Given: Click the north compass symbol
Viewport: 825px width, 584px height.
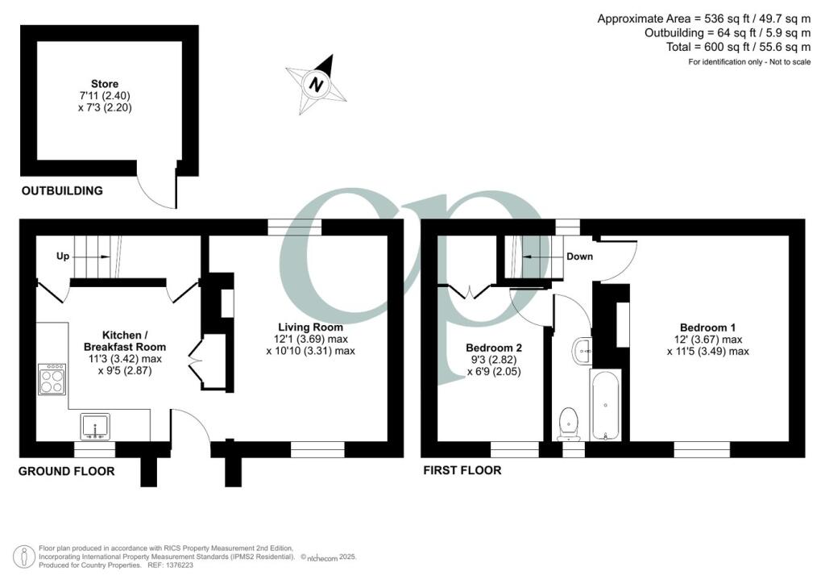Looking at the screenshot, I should pyautogui.click(x=317, y=82).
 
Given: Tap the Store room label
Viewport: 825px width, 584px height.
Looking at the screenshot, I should pyautogui.click(x=105, y=84).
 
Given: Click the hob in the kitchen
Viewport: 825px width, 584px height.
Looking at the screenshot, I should pyautogui.click(x=52, y=379).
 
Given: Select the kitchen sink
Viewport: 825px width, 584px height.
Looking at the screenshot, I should pyautogui.click(x=97, y=426).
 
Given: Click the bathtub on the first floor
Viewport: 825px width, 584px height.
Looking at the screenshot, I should pyautogui.click(x=605, y=406).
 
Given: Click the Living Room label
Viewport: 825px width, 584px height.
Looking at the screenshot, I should pyautogui.click(x=310, y=327).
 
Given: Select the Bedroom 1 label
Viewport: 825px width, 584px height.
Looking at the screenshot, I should pyautogui.click(x=707, y=327).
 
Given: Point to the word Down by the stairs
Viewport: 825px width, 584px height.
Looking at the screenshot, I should pyautogui.click(x=579, y=257).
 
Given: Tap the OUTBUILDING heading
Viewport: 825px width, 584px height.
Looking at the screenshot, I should pyautogui.click(x=62, y=191).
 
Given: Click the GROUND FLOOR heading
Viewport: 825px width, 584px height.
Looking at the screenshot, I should pyautogui.click(x=67, y=471).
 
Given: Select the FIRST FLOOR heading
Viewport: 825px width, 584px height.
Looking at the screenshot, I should pyautogui.click(x=462, y=470).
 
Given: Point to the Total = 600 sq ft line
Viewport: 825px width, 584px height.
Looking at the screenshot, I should pyautogui.click(x=728, y=47).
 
